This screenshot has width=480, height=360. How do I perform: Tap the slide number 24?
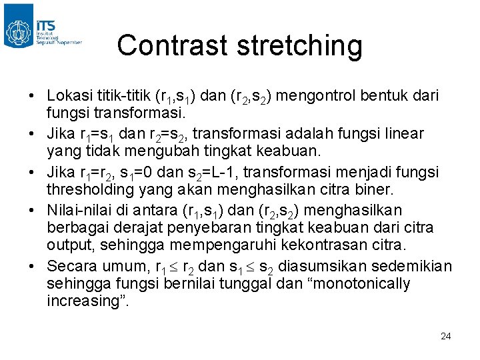pyautogui.click(x=445, y=335)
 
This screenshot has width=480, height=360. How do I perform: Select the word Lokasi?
pyautogui.click(x=70, y=97)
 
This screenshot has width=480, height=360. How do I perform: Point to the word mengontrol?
pyautogui.click(x=313, y=97)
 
